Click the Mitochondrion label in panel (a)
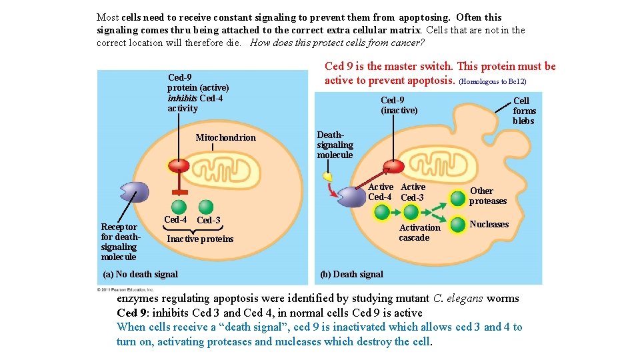coord(225,137)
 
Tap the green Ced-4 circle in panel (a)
coord(178,207)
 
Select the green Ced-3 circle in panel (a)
coord(206,207)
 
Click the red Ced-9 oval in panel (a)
coord(179,166)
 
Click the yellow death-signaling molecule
coord(327,177)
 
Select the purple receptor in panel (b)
coord(351,197)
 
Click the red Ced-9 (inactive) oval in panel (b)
coord(393,166)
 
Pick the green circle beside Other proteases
coord(457,198)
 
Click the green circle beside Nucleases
coord(457,225)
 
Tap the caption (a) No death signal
coord(140,274)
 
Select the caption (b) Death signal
coord(351,274)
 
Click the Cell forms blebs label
coord(524,111)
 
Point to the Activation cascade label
coord(419,233)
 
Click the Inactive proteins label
coord(200,239)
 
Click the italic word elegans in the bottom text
coord(463,298)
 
